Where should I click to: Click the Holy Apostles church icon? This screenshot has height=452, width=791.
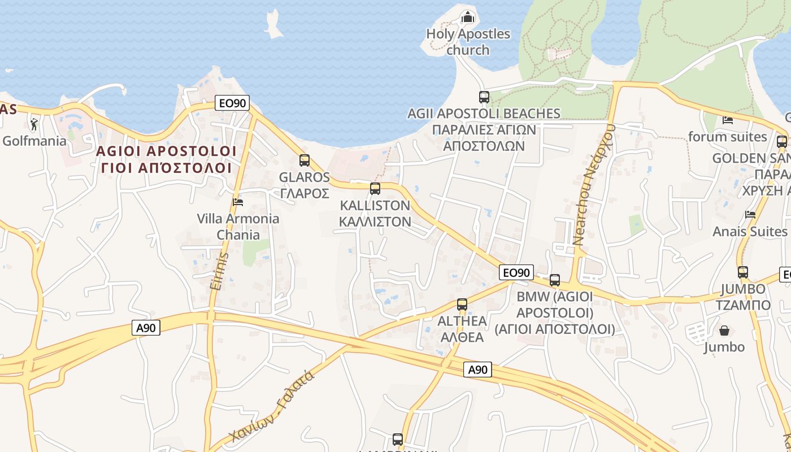coord(467,18)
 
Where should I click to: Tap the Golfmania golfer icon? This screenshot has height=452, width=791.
coord(34,124)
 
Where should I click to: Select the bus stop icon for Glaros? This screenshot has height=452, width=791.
coord(305,160)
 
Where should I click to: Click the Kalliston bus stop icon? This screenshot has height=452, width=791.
coord(375,189)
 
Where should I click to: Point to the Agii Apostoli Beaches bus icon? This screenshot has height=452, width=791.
coord(484,97)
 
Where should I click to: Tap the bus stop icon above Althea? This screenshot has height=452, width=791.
coord(462,304)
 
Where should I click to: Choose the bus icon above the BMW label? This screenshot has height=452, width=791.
coord(555,280)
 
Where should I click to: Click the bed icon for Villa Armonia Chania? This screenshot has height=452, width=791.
coord(238,202)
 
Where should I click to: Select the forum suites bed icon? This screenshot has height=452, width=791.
coord(728,120)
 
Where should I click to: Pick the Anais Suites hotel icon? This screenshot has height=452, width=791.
coord(750,215)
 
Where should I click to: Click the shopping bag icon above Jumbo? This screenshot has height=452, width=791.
coord(724,330)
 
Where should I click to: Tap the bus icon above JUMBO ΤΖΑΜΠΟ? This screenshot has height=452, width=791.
coord(743,272)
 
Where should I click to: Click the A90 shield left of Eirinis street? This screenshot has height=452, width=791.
coord(146,328)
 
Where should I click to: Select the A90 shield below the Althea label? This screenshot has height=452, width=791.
coord(478,370)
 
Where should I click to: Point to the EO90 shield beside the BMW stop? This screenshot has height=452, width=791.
coord(516,273)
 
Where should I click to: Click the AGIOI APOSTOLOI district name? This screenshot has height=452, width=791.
coord(166,151)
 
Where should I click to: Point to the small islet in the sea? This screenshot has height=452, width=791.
coord(274,24)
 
